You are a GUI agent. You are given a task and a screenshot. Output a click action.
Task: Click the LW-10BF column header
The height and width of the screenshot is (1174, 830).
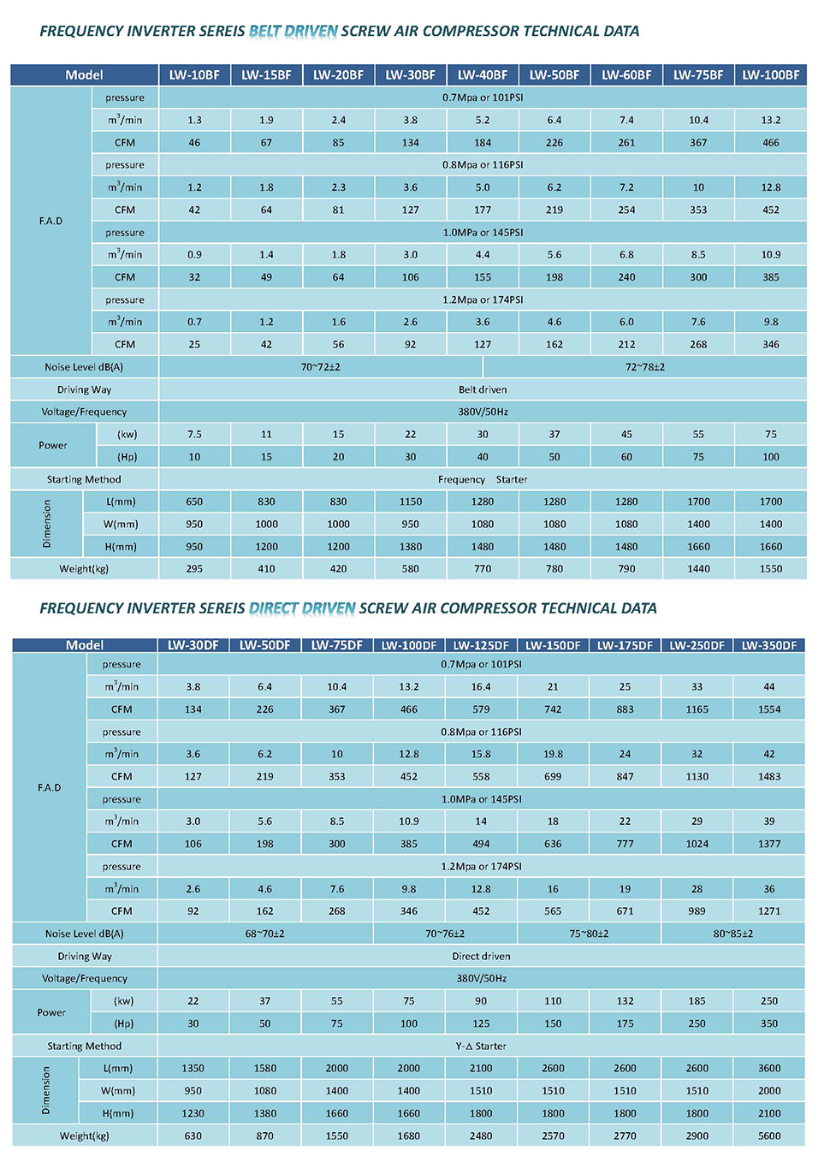coord(194,75)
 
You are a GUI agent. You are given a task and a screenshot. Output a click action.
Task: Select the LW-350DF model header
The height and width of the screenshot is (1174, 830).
coord(768,645)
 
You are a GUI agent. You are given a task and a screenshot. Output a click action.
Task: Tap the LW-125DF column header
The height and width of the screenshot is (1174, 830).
coord(481,645)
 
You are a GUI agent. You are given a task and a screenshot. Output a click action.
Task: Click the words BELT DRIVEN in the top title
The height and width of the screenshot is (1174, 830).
coord(293,31)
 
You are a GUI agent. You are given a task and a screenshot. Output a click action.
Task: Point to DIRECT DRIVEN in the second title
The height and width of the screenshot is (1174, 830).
coord(302,608)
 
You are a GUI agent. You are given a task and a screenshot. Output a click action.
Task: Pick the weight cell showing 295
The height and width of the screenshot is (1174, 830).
coord(194,569)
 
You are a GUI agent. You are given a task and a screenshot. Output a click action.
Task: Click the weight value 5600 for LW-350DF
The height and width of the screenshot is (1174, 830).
coord(769,1135)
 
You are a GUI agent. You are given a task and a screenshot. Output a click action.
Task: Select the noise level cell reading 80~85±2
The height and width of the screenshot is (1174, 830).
coord(732,934)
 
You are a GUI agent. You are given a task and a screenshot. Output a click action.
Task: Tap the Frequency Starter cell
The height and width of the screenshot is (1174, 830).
coord(483,479)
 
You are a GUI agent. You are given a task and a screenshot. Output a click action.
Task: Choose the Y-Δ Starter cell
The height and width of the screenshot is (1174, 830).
coord(481,1047)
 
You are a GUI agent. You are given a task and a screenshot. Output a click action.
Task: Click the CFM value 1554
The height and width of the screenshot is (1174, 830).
coord(769,709)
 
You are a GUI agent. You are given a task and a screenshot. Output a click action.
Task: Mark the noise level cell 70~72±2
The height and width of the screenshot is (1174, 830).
coord(320,367)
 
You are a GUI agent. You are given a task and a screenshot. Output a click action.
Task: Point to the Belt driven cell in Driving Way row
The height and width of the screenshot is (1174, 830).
coord(483,389)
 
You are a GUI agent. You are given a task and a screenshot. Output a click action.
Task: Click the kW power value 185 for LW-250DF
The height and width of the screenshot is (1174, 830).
coord(697,1001)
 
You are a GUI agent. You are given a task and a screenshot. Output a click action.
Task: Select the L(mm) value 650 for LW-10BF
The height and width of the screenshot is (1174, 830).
coord(194,501)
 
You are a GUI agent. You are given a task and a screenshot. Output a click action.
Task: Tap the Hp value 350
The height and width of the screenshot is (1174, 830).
coord(769,1023)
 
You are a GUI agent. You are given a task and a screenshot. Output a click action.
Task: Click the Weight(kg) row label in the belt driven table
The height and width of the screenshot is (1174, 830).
coord(84,569)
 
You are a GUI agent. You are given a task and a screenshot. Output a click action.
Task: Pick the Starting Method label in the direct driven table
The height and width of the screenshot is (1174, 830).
coord(85,1047)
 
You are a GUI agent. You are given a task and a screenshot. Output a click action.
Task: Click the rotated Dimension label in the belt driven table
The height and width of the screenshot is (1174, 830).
coord(47,524)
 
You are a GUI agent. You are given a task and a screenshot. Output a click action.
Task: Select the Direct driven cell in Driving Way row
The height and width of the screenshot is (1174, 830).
coord(481,956)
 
